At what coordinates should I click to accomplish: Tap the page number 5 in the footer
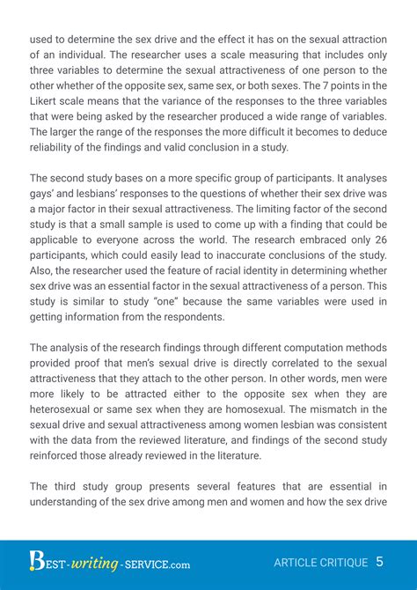pyautogui.click(x=379, y=561)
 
